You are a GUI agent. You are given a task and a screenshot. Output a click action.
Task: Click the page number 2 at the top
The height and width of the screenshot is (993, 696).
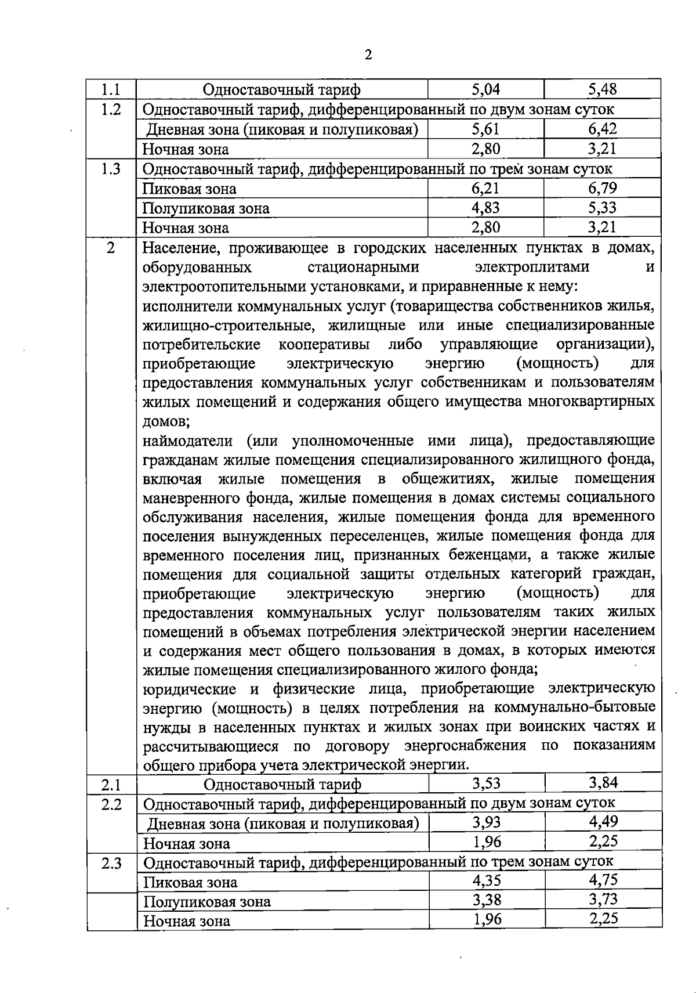(x=368, y=55)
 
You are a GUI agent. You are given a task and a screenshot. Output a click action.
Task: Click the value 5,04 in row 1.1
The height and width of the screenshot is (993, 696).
(x=486, y=89)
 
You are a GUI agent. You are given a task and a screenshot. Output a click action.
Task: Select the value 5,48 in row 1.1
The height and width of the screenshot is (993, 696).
(x=602, y=89)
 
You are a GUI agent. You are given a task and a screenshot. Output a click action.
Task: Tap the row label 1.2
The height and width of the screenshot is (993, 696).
(x=111, y=109)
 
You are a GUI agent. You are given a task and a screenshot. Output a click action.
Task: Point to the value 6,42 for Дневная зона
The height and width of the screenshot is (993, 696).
(x=602, y=129)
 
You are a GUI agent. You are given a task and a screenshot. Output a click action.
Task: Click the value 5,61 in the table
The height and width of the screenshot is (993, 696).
(x=486, y=129)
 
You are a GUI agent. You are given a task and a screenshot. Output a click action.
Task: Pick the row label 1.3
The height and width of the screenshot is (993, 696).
(x=111, y=169)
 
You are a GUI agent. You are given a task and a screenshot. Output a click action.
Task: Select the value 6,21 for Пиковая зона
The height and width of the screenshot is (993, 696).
(x=486, y=188)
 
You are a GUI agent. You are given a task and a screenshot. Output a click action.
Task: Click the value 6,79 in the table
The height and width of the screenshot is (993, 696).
(x=602, y=188)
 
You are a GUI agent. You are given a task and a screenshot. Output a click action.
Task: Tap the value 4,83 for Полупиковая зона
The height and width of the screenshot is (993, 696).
(x=486, y=208)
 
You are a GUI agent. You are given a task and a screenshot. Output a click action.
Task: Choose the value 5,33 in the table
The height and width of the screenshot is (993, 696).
(x=602, y=208)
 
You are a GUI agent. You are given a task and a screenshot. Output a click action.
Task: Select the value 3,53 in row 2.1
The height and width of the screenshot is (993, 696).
(x=486, y=783)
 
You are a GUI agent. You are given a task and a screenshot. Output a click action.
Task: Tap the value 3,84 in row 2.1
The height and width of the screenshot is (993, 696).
(x=603, y=783)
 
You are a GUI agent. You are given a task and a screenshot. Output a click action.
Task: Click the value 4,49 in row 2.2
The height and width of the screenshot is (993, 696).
(x=603, y=822)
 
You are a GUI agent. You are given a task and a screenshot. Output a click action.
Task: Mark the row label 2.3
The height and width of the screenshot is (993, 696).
(x=111, y=863)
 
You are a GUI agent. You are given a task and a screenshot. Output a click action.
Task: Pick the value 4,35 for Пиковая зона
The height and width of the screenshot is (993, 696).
(x=487, y=881)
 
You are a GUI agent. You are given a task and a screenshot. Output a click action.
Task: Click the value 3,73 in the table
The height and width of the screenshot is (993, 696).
(x=603, y=900)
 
